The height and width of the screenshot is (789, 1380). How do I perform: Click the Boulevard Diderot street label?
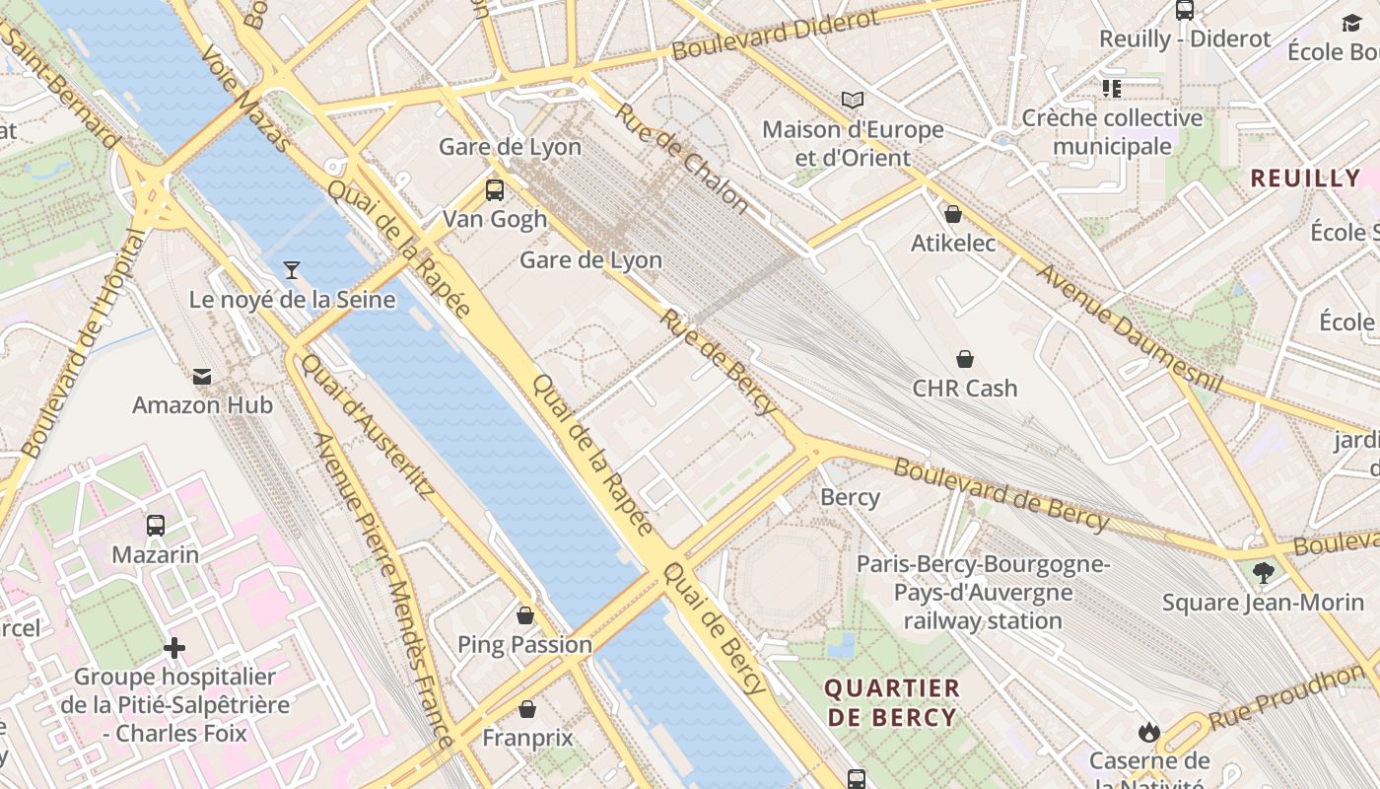pos(775,35)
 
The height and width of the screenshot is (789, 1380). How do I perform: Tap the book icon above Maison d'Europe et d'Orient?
pos(852,100)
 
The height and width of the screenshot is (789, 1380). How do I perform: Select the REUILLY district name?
pos(1305,179)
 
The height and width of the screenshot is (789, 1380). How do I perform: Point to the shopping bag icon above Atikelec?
pos(953,214)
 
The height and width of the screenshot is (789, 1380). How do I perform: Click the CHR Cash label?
pos(964,388)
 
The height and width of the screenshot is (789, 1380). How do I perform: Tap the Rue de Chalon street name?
pos(681,157)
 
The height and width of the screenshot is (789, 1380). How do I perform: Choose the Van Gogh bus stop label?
pos(494,219)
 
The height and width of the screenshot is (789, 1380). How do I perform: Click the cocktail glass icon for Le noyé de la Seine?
pos(292,269)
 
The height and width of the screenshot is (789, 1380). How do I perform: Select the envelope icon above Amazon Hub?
pos(202,376)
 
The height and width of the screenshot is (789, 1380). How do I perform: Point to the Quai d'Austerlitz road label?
pos(367,426)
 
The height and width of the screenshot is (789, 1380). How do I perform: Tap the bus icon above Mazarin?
pos(155,526)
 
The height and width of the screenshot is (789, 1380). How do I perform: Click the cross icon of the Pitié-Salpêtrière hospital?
pos(174,648)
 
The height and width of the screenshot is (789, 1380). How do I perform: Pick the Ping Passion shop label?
pos(524,645)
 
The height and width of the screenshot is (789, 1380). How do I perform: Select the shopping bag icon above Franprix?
pos(527,709)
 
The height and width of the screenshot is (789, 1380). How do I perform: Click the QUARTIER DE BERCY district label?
pos(892,702)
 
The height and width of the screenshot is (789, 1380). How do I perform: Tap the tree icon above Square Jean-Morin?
pos(1263,572)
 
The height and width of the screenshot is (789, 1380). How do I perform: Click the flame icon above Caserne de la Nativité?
pos(1148,732)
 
